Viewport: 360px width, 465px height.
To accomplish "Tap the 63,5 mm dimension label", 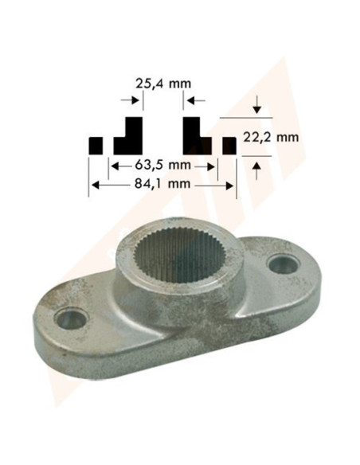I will coord(162,166).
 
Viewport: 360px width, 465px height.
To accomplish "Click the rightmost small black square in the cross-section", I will coord(229,146).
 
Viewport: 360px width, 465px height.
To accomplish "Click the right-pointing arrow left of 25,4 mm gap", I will coord(127,100).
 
